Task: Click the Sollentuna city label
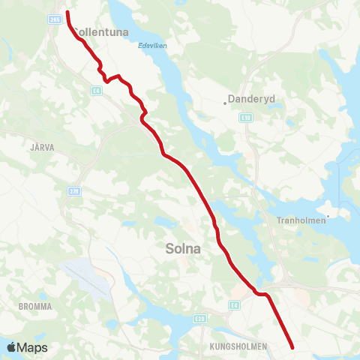coord(101,32)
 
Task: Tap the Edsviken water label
coord(152,45)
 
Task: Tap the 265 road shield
coord(55,19)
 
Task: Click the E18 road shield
coord(246,118)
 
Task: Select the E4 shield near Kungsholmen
coord(235,304)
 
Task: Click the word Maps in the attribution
coord(33,348)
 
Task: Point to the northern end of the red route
coord(67,12)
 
